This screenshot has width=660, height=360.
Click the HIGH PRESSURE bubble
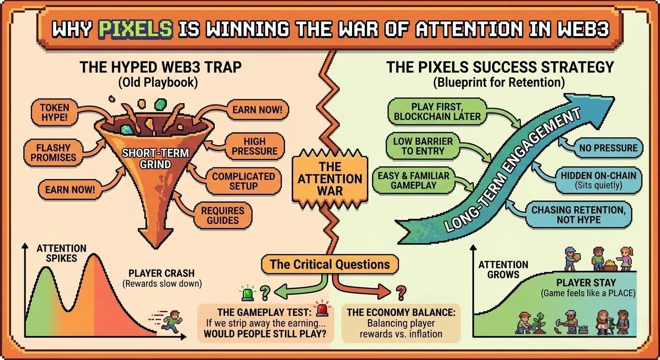[x=255, y=146]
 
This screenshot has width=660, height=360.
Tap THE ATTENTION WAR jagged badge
[x=330, y=179]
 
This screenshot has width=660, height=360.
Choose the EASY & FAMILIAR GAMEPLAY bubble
[x=413, y=181]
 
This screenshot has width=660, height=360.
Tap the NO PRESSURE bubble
[x=608, y=148]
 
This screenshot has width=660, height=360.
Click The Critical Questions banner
[x=330, y=264]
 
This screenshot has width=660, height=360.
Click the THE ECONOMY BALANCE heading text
[x=402, y=312]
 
